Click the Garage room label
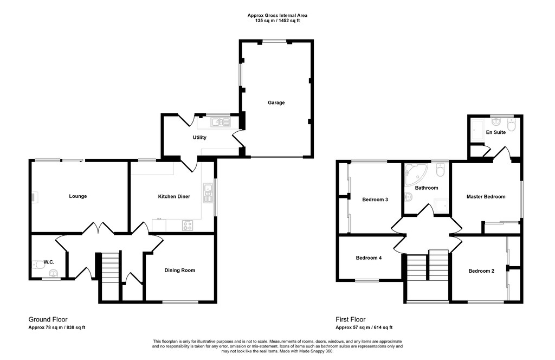coord(276,102)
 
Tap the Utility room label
coord(199,137)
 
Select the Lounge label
coord(78,196)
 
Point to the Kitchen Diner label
coord(174,196)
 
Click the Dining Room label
coord(180,270)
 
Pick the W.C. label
coord(49,262)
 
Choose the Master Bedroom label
coord(486,196)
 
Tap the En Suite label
coord(496,132)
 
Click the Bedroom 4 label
coord(369,258)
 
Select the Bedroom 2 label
coord(481,271)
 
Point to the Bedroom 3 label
coord(375,200)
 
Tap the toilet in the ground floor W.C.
coord(38,265)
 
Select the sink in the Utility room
coord(221,123)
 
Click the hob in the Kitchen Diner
coord(188,225)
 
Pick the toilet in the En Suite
coord(512,125)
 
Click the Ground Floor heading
coord(48,319)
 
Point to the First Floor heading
coord(351,319)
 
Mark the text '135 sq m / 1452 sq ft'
coord(277,21)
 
